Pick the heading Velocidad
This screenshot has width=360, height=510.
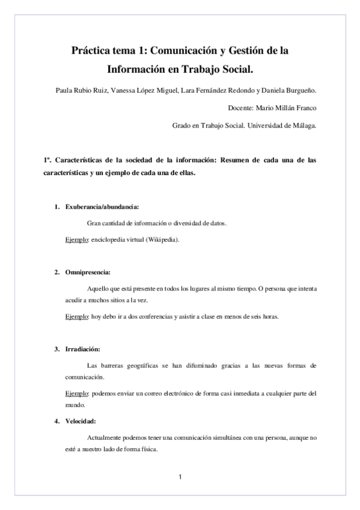(x=81, y=420)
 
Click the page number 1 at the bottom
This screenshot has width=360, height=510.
(x=180, y=478)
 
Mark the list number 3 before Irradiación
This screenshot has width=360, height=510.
(x=56, y=349)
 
